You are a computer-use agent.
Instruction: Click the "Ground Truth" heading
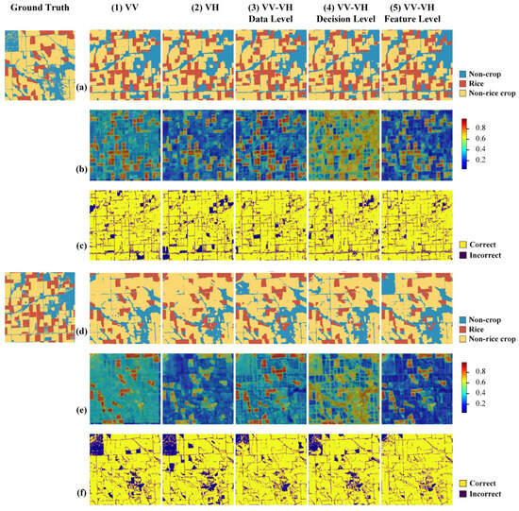click(40, 8)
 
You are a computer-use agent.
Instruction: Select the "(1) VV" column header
click(125, 8)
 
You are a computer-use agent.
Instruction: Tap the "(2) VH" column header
click(205, 8)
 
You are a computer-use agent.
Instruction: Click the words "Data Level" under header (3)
click(271, 19)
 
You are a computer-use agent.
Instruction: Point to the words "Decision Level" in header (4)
click(345, 19)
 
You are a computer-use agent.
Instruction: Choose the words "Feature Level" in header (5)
click(412, 19)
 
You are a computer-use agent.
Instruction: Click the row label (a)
click(81, 87)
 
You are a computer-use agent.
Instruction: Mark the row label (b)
click(81, 169)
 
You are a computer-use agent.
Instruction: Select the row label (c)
click(81, 246)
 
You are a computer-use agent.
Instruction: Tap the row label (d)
click(81, 332)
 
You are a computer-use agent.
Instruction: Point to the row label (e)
click(81, 410)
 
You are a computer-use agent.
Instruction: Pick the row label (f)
click(81, 493)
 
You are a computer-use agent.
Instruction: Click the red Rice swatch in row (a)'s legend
click(462, 83)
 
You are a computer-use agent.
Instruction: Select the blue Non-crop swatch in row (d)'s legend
click(462, 320)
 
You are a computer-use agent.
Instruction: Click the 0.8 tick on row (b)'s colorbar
click(480, 128)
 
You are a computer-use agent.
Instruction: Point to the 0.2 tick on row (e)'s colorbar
click(480, 403)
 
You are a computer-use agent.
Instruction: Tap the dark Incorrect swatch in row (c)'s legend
click(462, 255)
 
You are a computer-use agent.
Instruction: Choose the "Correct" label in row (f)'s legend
click(482, 484)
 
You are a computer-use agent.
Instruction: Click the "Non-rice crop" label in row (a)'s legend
click(493, 94)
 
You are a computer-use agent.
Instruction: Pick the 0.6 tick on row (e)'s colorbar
click(480, 383)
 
